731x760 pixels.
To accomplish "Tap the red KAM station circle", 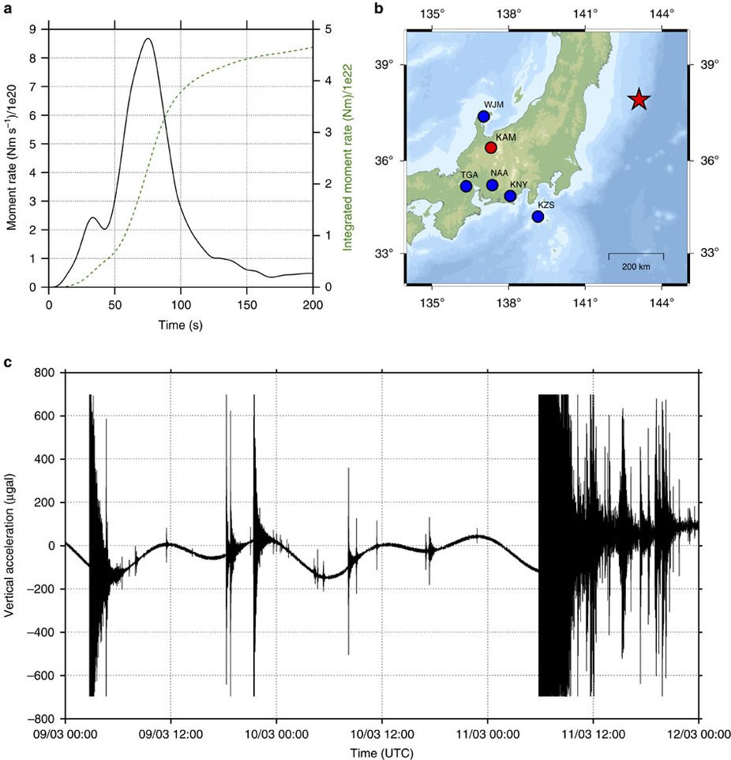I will point(491,148).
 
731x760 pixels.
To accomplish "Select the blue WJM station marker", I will point(484,117).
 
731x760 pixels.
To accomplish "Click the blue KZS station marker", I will point(538,216).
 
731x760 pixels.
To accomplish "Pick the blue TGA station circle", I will point(466,186).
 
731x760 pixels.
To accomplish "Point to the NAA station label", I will point(499,172).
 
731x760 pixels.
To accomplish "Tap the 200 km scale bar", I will point(635,255).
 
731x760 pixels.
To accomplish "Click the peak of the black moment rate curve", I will point(148,39).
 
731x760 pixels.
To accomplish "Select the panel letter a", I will point(6,9).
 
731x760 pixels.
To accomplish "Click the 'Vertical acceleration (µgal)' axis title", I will point(11,544).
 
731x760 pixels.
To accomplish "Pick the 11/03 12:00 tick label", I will point(594,735).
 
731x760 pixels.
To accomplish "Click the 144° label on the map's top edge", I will point(662,13).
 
